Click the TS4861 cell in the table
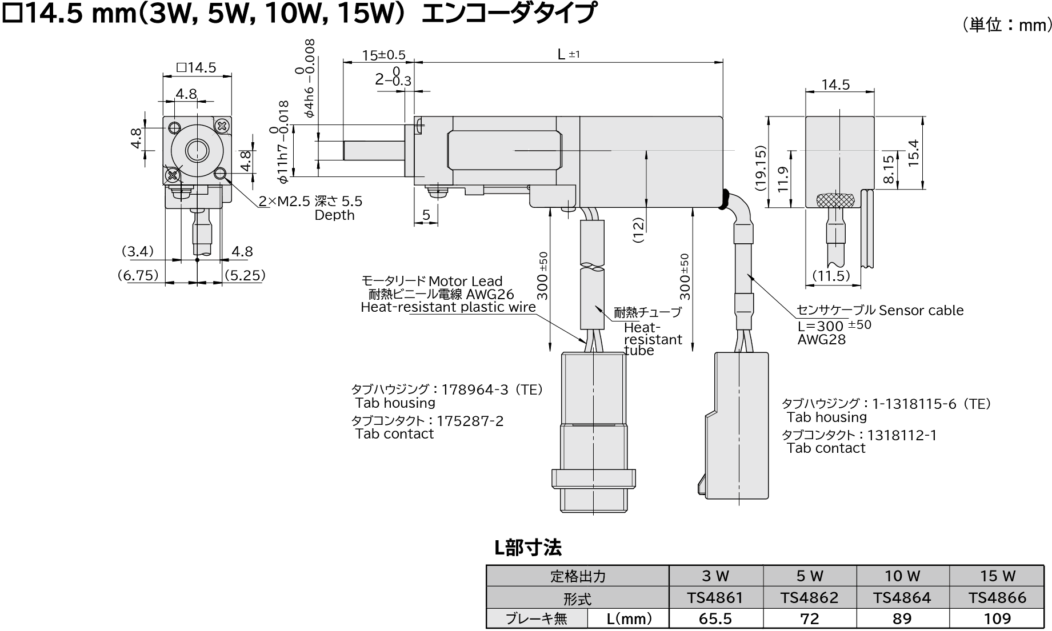click(x=715, y=598)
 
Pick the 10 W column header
click(x=903, y=576)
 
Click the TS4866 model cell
click(x=997, y=598)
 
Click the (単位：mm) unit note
click(x=1007, y=25)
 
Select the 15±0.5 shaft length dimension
click(x=383, y=55)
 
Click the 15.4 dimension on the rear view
click(x=914, y=153)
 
